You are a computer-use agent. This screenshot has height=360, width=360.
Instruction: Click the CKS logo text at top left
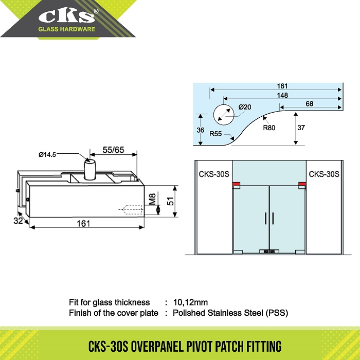(x=67, y=16)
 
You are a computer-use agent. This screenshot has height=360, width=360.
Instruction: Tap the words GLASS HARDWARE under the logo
(x=67, y=29)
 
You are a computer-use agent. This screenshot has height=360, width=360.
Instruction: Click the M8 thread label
(x=152, y=199)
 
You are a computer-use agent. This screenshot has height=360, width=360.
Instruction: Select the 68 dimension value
(x=309, y=104)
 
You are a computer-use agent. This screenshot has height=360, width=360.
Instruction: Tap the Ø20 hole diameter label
(x=245, y=107)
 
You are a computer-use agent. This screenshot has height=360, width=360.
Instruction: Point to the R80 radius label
(x=269, y=128)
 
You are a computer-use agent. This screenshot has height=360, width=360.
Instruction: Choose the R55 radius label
(x=217, y=133)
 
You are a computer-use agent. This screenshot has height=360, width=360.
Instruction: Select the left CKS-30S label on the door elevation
(x=214, y=174)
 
